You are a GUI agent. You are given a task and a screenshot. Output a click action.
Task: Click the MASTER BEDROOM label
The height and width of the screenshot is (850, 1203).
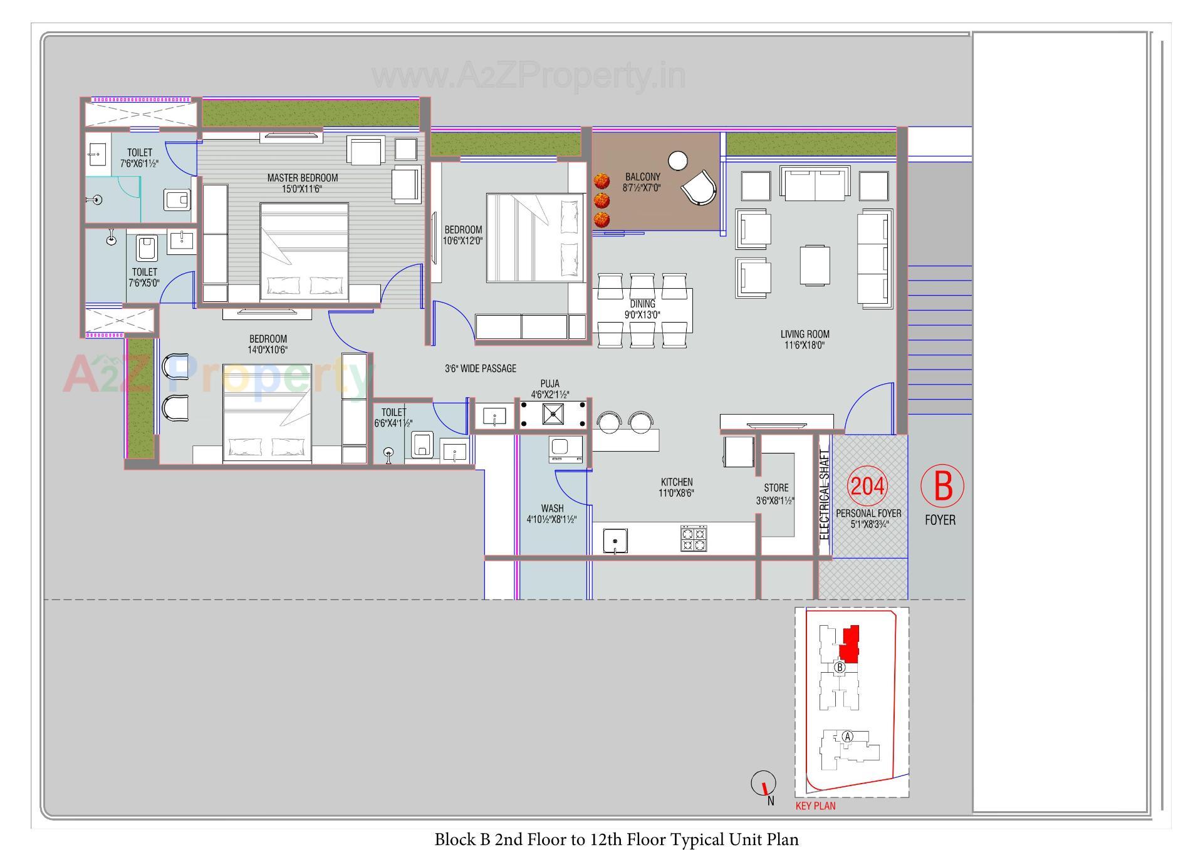click(302, 178)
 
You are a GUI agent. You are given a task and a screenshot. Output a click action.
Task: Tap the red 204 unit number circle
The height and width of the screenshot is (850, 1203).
click(867, 486)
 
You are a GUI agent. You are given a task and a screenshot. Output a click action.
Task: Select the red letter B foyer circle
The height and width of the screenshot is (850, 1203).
click(942, 485)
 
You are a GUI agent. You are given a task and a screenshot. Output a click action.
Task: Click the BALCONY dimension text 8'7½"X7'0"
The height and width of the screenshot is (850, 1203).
click(642, 187)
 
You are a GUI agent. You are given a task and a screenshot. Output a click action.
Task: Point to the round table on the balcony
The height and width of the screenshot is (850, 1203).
click(677, 161)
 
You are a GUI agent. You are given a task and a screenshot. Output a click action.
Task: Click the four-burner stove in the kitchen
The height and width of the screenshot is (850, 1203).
click(694, 539)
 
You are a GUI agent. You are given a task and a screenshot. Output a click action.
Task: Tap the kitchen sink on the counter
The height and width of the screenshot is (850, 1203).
click(615, 541)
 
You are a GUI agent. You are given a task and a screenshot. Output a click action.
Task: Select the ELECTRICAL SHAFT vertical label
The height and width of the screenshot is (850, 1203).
click(824, 495)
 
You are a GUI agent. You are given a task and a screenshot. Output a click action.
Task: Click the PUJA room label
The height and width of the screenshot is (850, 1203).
click(549, 383)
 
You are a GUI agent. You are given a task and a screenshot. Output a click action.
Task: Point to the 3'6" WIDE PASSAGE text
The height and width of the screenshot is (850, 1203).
click(481, 368)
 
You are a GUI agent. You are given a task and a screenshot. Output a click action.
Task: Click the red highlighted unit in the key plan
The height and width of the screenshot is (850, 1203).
click(850, 645)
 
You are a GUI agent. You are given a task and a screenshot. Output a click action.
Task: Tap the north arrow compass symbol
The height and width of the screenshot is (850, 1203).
click(763, 783)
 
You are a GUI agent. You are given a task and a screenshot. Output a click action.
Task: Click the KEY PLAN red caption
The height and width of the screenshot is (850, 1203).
click(815, 806)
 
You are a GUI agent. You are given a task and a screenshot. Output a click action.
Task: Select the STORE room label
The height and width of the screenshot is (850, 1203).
click(776, 488)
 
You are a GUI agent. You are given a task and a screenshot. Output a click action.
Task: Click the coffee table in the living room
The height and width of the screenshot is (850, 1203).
click(815, 265)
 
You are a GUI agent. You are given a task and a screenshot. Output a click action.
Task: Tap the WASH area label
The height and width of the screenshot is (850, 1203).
click(552, 509)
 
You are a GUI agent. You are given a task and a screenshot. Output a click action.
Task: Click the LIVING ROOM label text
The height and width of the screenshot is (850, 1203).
click(805, 334)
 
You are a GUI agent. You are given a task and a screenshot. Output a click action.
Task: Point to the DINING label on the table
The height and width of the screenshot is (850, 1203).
click(642, 304)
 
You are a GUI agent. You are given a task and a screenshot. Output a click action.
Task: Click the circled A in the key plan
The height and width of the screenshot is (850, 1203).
click(847, 737)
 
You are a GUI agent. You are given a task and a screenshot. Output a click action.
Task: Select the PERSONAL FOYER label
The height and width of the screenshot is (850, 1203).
click(868, 513)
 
